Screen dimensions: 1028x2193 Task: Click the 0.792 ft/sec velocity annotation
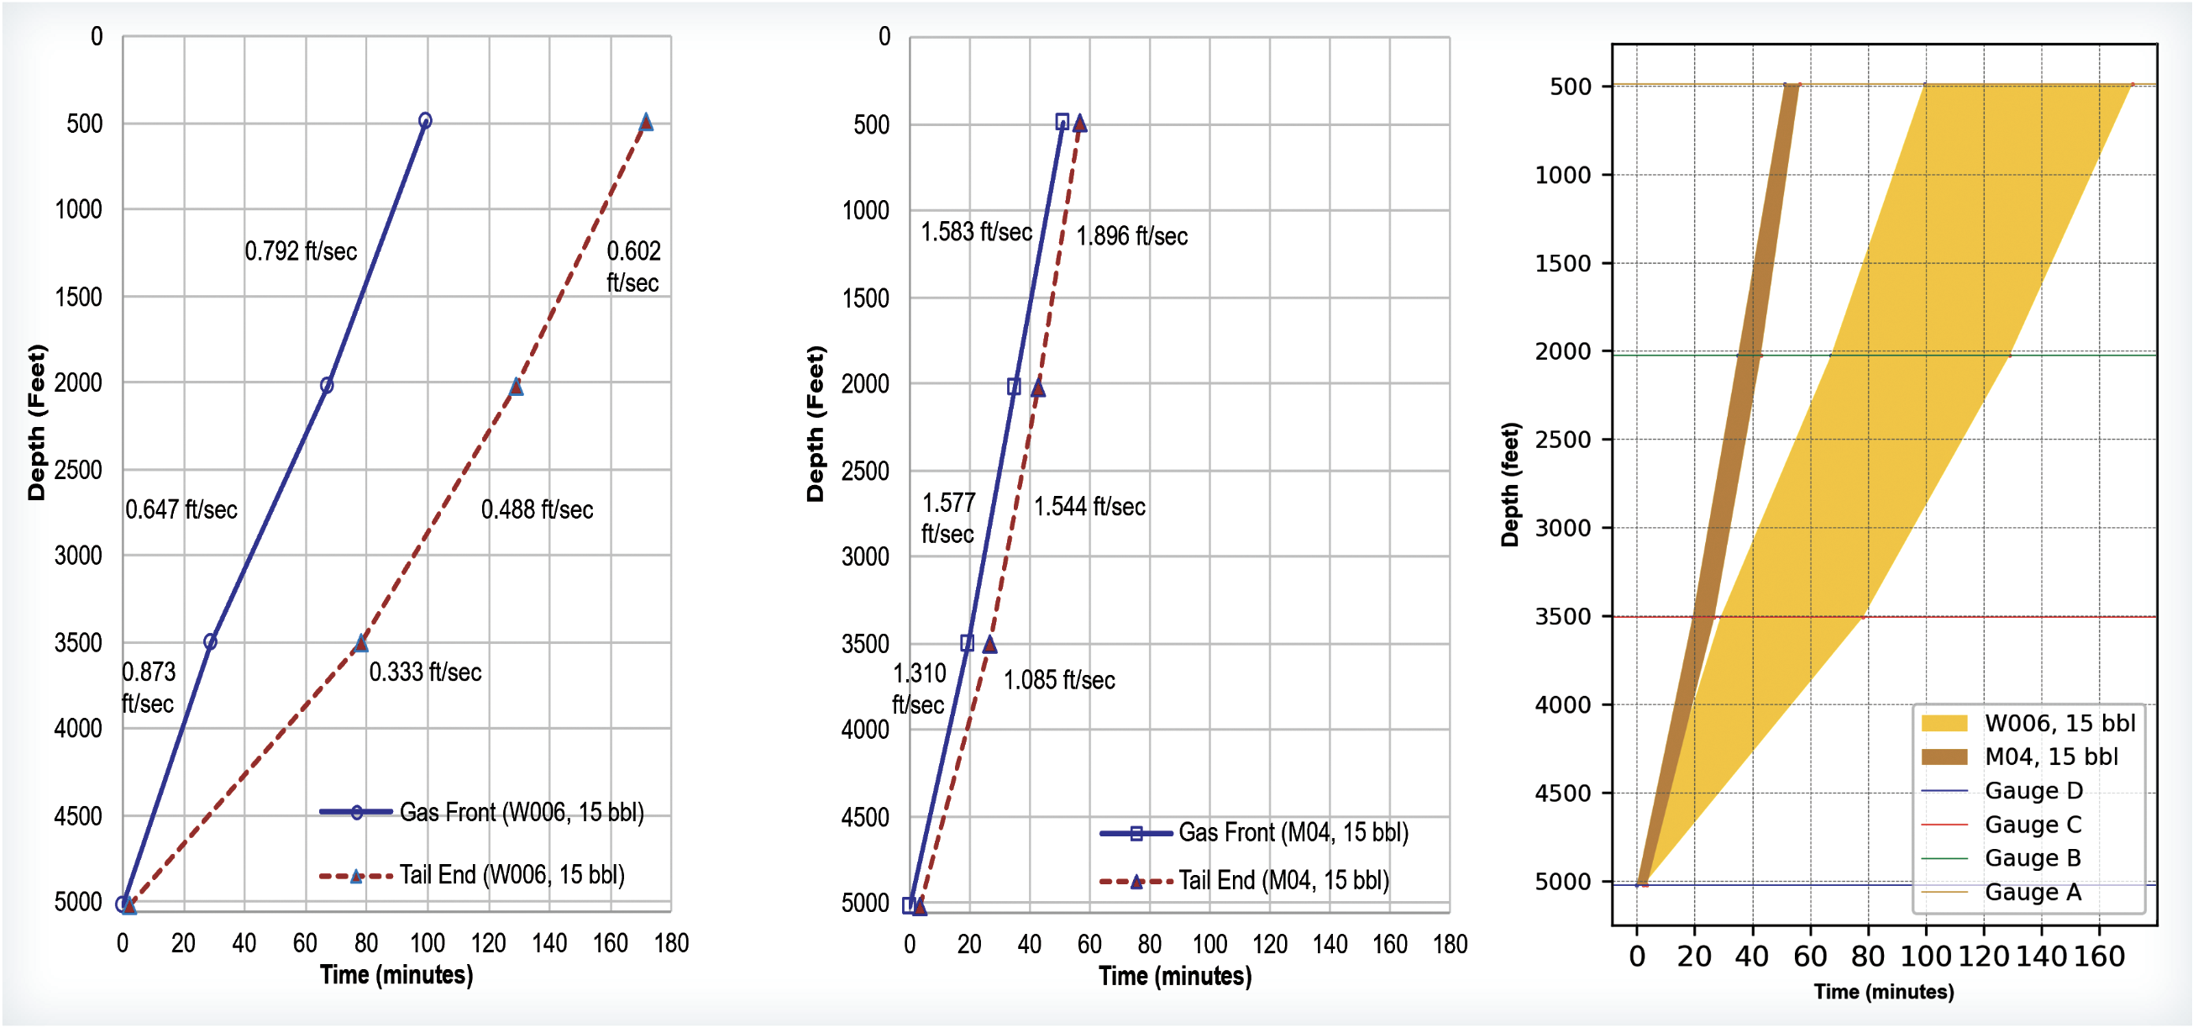click(x=301, y=251)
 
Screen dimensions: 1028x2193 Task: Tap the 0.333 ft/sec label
click(x=425, y=672)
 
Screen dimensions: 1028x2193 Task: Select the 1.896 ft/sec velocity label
click(x=1131, y=236)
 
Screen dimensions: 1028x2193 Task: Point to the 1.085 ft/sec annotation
click(x=1059, y=681)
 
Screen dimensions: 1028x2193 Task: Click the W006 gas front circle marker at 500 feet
click(x=425, y=121)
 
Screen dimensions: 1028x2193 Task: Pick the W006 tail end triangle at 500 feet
click(x=646, y=122)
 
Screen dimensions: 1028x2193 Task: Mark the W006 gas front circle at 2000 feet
click(x=327, y=386)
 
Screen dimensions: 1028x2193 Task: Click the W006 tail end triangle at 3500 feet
click(x=361, y=643)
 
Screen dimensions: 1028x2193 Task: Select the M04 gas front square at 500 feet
click(x=1062, y=122)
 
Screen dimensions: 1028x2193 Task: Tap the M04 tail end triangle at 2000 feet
click(x=1038, y=388)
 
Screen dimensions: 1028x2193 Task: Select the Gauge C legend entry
click(x=2032, y=825)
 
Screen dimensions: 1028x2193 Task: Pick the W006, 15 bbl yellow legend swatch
click(x=1944, y=724)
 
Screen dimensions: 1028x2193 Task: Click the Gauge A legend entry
click(x=2032, y=892)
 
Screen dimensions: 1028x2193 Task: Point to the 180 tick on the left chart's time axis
click(x=671, y=944)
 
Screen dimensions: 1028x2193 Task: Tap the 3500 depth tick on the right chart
click(x=1562, y=617)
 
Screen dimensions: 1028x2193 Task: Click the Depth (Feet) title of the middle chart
click(x=815, y=424)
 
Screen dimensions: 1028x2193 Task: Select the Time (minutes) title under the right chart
click(x=1883, y=992)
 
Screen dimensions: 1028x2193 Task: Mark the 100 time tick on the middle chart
click(x=1209, y=945)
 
